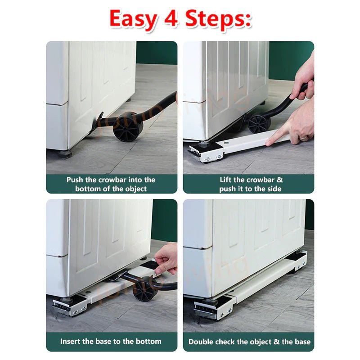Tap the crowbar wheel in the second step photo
coord(258,123)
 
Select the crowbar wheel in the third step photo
coord(144,288)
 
